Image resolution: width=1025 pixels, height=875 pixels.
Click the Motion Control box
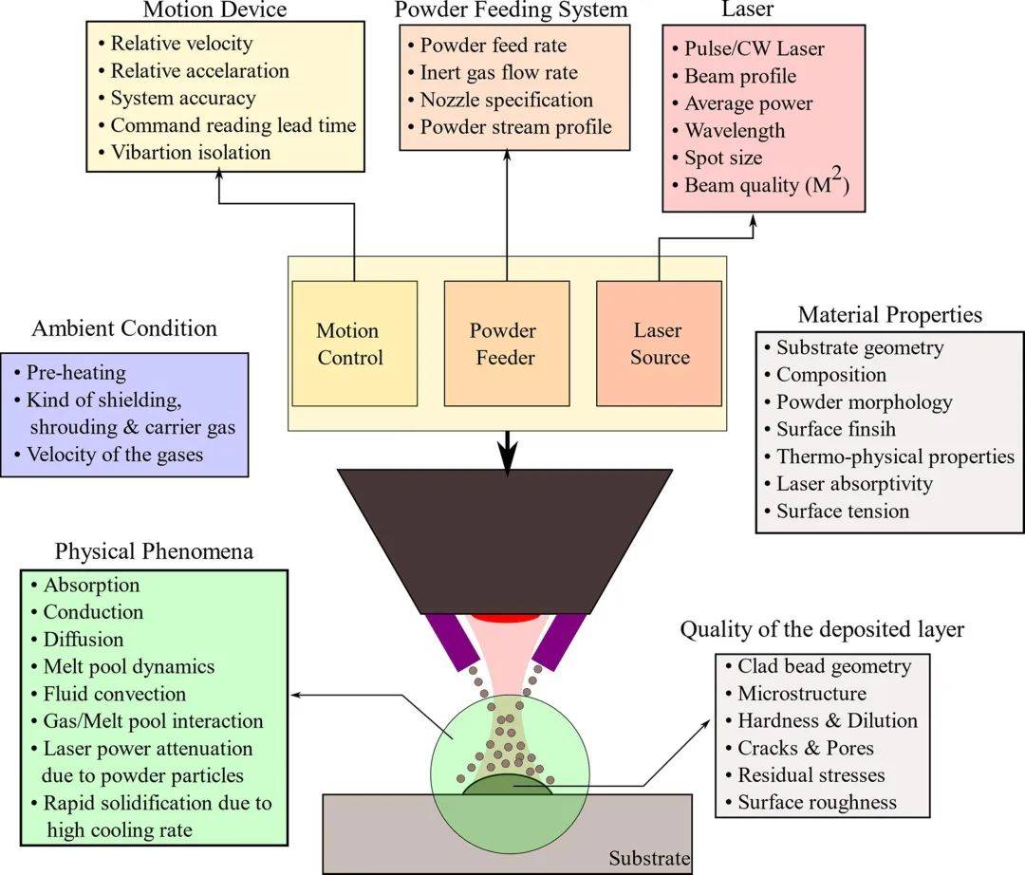354,344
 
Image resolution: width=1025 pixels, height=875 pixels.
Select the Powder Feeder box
507,344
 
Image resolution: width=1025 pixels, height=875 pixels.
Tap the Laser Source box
659,344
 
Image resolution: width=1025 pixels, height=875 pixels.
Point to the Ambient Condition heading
124,328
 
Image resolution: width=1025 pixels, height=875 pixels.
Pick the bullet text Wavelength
735,130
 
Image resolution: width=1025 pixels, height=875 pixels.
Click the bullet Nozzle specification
506,100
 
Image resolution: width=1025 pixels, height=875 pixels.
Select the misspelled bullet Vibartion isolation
190,152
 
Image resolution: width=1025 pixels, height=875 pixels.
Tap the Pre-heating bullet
76,372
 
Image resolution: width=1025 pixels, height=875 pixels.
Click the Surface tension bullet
843,511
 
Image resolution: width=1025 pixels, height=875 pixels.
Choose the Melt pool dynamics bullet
128,666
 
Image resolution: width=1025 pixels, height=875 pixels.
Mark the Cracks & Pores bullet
806,748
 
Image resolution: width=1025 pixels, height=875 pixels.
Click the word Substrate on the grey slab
649,860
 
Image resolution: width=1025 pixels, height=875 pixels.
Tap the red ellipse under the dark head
505,617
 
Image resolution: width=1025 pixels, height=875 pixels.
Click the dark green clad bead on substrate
505,787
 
